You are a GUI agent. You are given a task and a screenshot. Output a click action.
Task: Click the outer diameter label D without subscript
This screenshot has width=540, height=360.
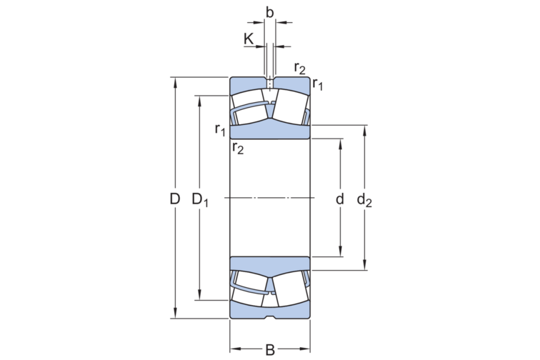tap(174, 199)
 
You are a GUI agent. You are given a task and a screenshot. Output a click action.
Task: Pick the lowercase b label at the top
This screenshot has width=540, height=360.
tap(269, 11)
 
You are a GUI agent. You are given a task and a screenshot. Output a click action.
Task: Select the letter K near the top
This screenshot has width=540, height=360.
tap(248, 39)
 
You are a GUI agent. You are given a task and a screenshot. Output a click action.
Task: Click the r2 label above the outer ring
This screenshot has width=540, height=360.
tap(299, 68)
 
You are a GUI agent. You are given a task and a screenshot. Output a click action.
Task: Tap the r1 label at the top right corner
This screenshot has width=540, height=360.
tap(318, 85)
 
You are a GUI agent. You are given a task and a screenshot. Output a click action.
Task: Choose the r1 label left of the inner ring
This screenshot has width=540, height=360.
tap(220, 129)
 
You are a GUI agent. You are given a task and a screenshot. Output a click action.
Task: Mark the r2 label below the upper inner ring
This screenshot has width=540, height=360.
tap(237, 148)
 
